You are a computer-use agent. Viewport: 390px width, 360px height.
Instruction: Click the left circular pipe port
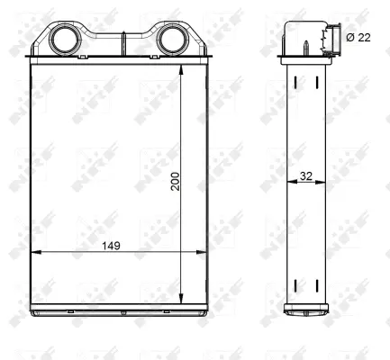click(65, 40)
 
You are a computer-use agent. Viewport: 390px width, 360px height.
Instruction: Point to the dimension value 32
click(305, 176)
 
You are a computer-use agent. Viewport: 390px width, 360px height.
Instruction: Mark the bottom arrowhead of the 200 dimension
click(182, 299)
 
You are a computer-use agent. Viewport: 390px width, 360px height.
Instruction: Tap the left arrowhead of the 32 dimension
click(290, 183)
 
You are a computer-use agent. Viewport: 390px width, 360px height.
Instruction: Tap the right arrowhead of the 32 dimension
click(321, 183)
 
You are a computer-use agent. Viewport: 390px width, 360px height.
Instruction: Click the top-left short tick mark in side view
click(295, 82)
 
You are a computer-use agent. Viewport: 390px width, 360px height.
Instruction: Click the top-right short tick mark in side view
click(316, 82)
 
